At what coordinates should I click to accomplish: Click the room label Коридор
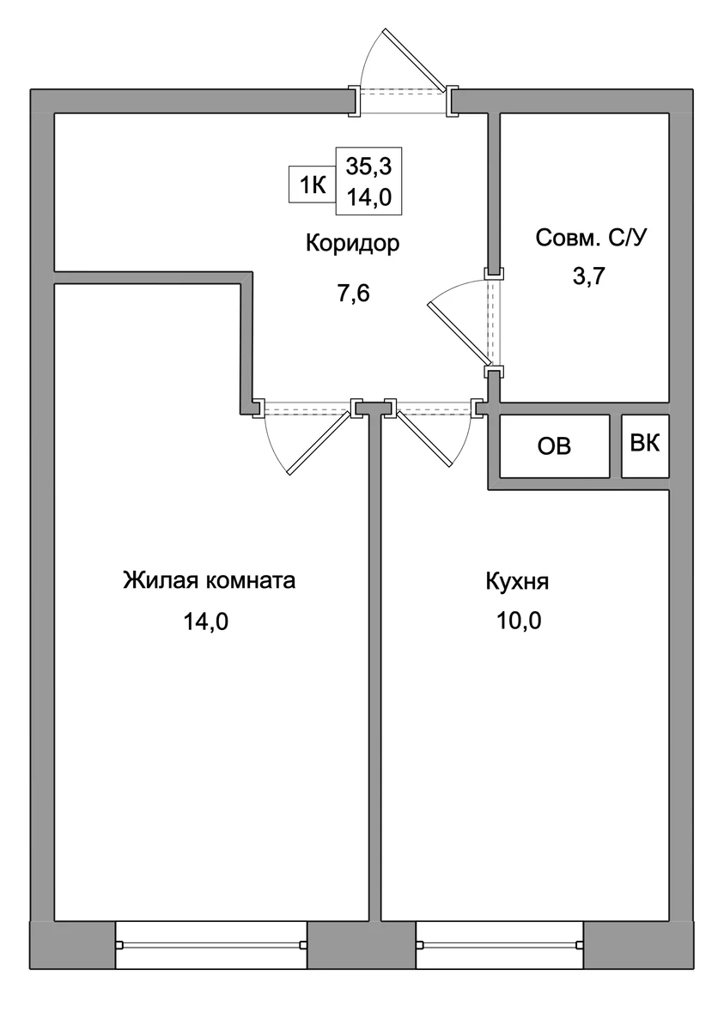pos(352,243)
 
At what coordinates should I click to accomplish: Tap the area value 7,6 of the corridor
pos(353,294)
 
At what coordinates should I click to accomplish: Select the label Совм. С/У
pos(591,239)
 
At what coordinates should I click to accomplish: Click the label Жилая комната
pos(210,580)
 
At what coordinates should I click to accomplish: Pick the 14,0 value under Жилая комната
pos(206,621)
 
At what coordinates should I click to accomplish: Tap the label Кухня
pos(518,582)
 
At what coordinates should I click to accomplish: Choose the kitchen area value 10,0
pos(519,621)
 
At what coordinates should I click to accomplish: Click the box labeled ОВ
pos(554,446)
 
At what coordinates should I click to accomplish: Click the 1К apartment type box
pos(313,185)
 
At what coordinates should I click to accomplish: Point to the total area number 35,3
pos(369,167)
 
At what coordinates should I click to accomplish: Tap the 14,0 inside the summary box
pos(369,197)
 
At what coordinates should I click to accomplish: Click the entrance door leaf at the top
pos(416,59)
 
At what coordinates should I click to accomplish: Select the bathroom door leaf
pos(458,332)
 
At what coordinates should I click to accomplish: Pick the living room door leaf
pos(319,443)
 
